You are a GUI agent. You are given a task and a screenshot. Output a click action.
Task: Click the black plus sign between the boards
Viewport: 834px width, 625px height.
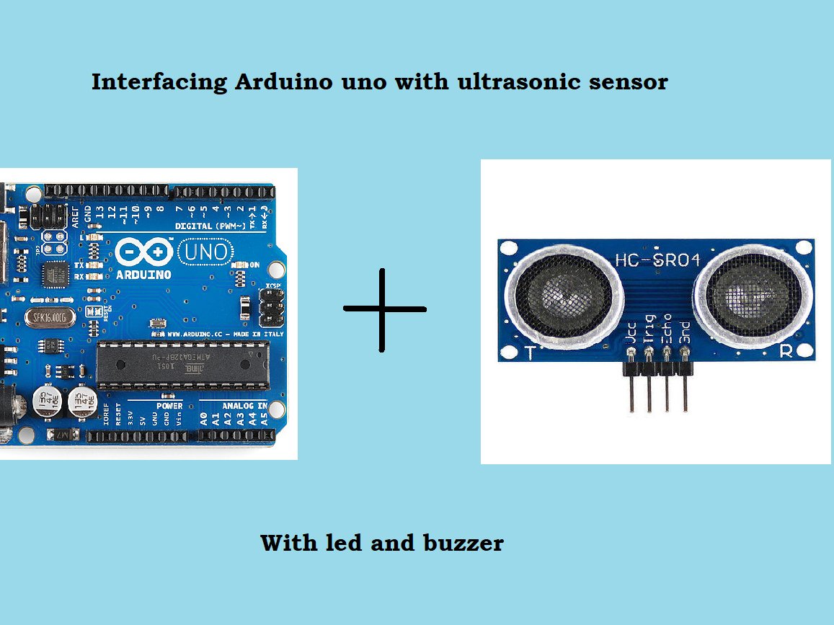[383, 309]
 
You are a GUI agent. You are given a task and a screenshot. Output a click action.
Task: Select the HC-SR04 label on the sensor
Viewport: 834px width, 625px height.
[657, 260]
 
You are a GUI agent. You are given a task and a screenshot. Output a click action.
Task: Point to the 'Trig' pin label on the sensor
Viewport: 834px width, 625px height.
[649, 327]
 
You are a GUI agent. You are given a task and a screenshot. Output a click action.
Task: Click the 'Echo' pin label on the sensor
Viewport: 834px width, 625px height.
[667, 327]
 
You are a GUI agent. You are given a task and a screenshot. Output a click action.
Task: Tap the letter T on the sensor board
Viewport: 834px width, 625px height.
[531, 353]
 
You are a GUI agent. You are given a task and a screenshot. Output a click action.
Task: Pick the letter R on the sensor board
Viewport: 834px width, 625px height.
[787, 351]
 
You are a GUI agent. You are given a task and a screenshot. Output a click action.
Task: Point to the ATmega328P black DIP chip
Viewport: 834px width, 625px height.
[183, 365]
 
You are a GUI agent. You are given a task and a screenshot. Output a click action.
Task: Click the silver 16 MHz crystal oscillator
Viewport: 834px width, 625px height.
[49, 317]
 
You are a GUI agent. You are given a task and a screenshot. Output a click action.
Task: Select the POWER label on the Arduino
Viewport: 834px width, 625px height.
[169, 406]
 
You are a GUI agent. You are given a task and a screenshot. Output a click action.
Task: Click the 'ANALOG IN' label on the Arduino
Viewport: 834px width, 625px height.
[243, 406]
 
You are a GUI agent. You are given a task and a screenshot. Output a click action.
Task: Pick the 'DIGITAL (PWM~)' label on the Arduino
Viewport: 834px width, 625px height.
[215, 226]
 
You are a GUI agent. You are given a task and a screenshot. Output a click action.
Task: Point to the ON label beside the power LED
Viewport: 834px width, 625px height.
[254, 265]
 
